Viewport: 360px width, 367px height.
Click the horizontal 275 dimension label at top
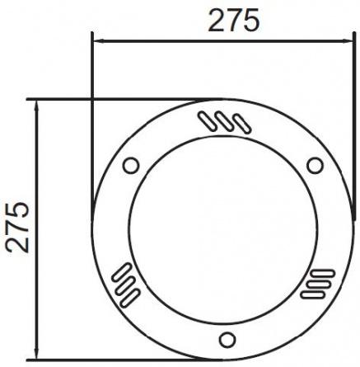coord(234,20)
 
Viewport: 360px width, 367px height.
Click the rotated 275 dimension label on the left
coord(17,227)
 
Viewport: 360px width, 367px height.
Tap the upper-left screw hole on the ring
coord(131,166)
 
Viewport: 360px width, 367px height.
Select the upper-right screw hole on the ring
coord(315,166)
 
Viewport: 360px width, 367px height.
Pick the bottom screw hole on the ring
coord(227,340)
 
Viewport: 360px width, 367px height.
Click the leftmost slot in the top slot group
coord(208,121)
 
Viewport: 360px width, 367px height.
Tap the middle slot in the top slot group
coord(225,121)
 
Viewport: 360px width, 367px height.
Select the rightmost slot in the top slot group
coord(242,124)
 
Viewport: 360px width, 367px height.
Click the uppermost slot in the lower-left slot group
coord(121,272)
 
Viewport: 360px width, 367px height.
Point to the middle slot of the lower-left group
coord(125,285)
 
